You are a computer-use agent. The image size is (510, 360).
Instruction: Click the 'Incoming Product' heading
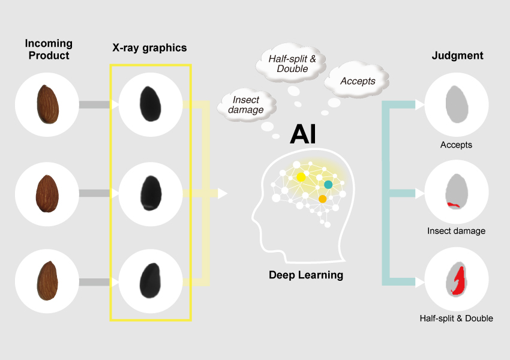coord(48,49)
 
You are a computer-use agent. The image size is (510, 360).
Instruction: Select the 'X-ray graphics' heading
coord(149,48)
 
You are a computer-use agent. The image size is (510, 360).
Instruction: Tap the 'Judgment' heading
coord(457,56)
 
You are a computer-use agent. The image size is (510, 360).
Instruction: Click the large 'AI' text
coord(303,134)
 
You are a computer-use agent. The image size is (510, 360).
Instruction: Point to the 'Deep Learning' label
coord(305,275)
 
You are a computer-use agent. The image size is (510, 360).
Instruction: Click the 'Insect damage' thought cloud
coord(246,105)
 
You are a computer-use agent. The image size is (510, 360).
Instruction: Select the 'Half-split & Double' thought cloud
coord(292,64)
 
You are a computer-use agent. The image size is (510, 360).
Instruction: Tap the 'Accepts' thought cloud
coord(357,81)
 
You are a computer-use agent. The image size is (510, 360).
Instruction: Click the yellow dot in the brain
coord(301,177)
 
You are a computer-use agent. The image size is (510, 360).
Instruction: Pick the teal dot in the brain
coord(328,184)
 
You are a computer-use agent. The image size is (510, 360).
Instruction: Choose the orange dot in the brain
coord(322,199)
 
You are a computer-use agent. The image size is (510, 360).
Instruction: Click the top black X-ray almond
coord(148,104)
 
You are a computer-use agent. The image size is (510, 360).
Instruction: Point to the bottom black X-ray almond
coord(148,281)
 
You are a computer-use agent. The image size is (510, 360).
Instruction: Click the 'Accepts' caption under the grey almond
coord(456,145)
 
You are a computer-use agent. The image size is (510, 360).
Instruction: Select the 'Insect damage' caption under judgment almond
coord(456,230)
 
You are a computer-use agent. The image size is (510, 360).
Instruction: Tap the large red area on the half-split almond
coord(460,281)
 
